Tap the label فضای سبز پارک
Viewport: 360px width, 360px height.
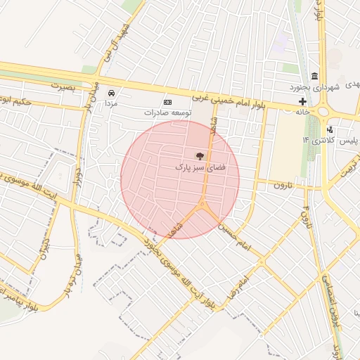click(x=199, y=169)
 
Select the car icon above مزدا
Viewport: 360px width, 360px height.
click(x=111, y=92)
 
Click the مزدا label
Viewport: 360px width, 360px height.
click(x=111, y=103)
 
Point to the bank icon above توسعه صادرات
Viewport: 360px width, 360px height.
click(x=167, y=102)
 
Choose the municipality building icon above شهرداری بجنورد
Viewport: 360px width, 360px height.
click(x=314, y=76)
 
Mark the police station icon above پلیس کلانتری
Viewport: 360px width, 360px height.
click(x=330, y=129)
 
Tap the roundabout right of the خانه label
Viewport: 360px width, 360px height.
click(x=325, y=111)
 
